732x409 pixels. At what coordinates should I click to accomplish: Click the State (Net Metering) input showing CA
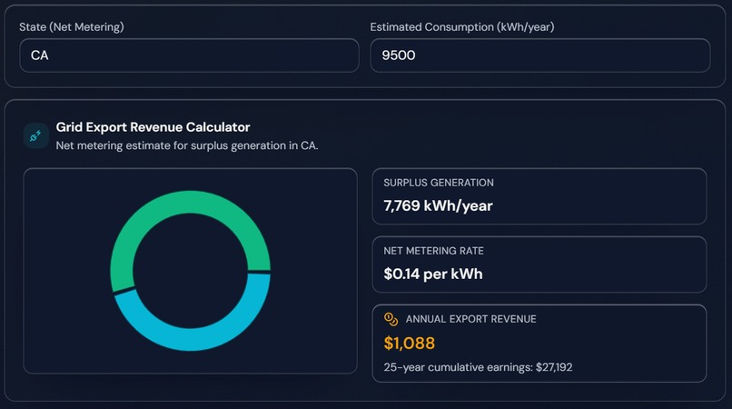(x=189, y=55)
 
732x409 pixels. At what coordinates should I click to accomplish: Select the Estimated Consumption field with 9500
(x=539, y=55)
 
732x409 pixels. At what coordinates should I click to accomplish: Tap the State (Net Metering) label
(x=72, y=27)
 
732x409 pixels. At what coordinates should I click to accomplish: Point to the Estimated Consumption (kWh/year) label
(x=461, y=27)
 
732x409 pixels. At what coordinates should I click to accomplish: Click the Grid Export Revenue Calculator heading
(x=153, y=127)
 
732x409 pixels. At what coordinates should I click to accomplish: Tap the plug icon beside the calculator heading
(x=36, y=135)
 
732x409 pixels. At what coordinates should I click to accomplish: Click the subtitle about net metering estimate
(x=187, y=145)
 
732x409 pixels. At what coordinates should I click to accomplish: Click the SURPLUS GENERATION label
(x=439, y=183)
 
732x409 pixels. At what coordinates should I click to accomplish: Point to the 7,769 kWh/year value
(x=438, y=205)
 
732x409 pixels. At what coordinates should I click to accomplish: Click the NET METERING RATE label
(x=440, y=251)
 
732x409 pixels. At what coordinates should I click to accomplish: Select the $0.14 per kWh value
(x=432, y=274)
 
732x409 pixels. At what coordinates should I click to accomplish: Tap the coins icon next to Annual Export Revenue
(x=391, y=319)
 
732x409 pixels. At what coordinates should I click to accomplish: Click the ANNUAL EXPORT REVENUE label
(x=470, y=319)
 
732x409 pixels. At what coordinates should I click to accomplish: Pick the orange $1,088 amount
(x=409, y=344)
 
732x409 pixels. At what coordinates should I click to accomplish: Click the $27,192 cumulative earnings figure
(x=549, y=367)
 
